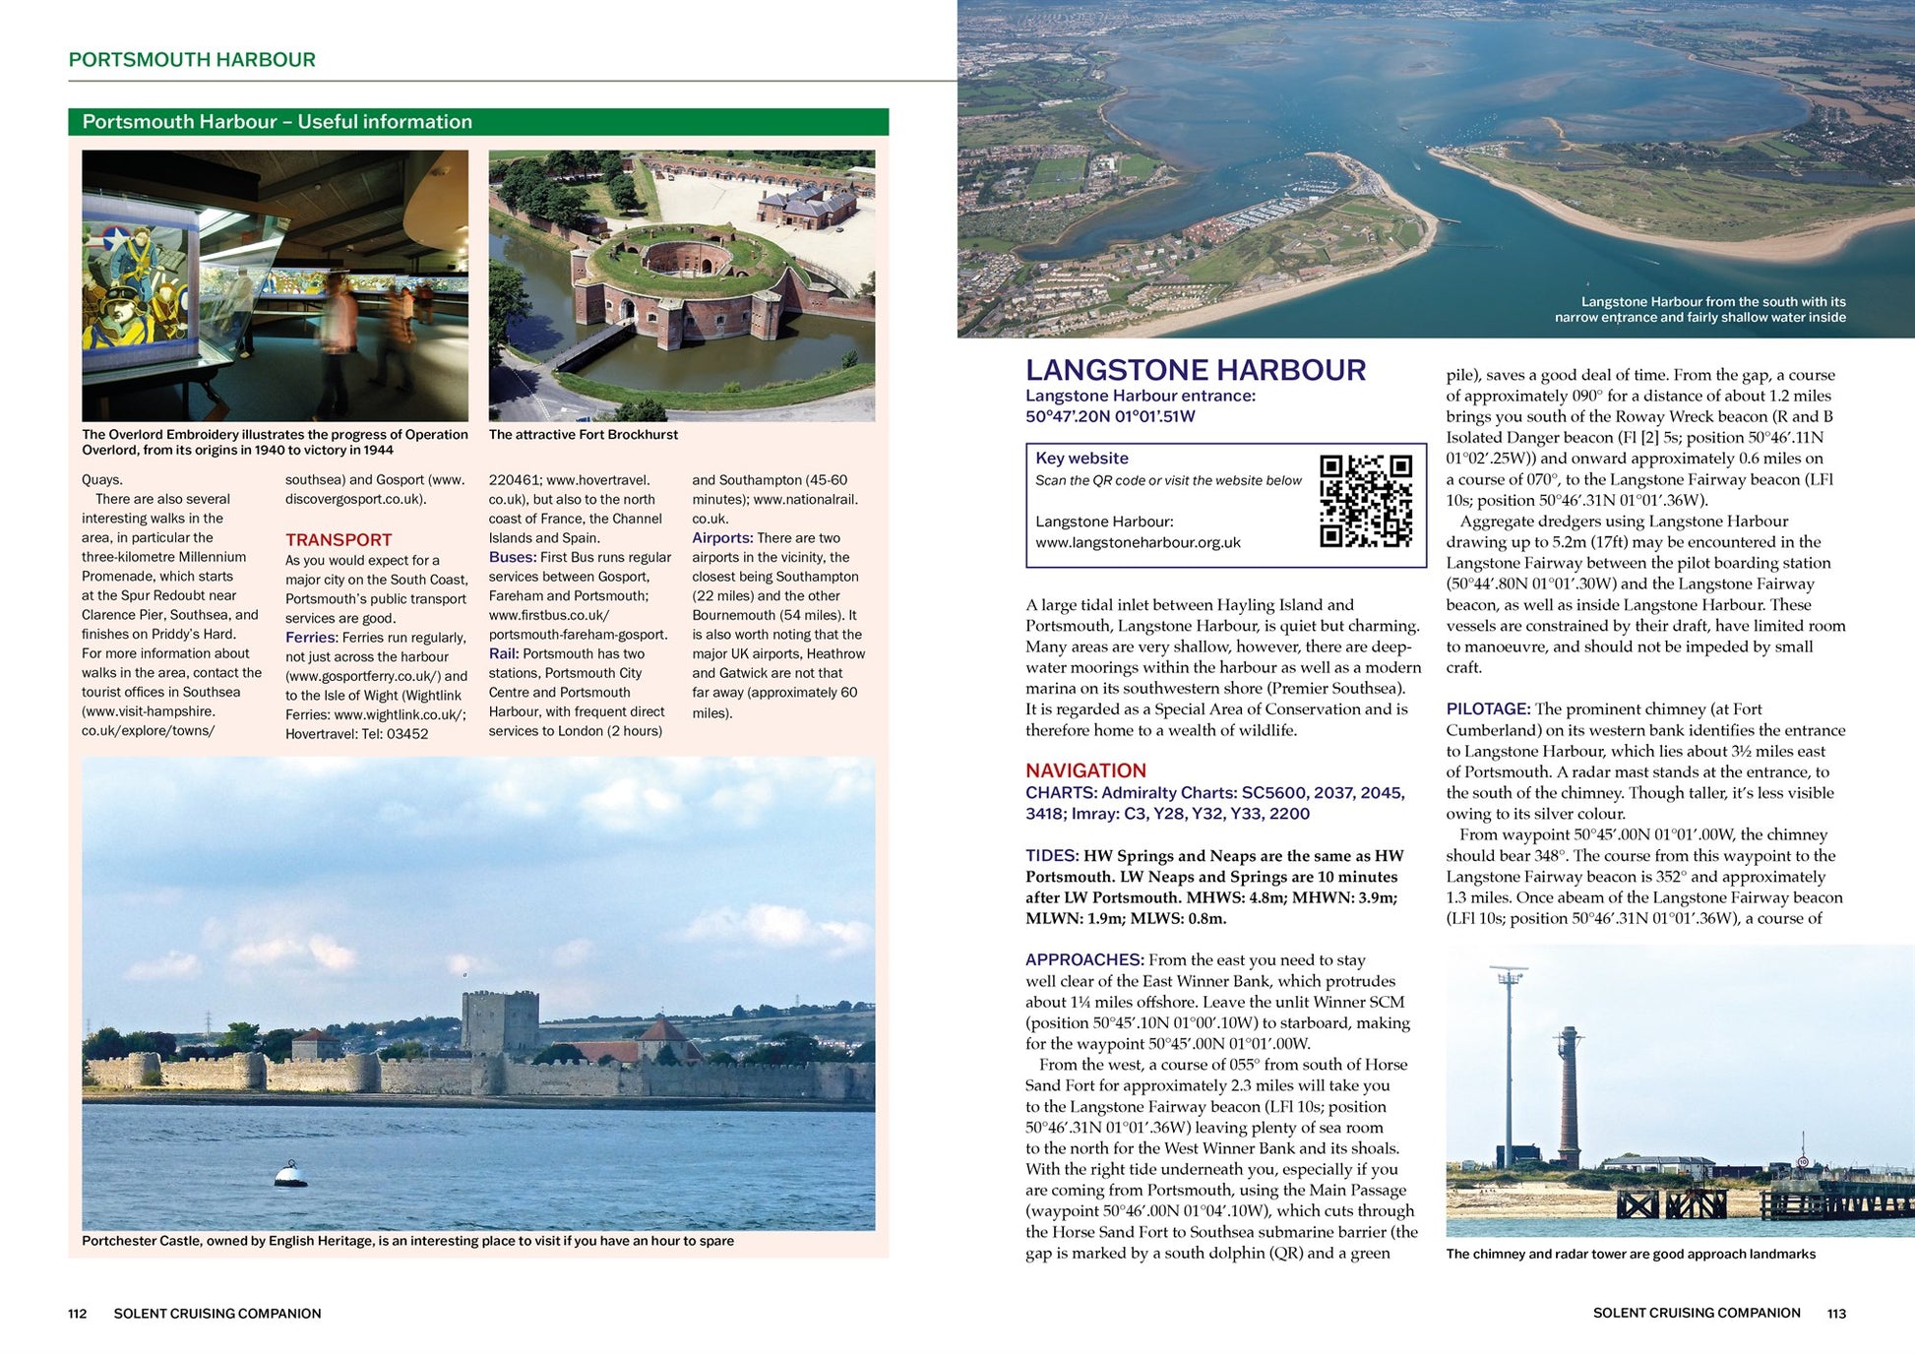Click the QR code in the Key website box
pos(1365,500)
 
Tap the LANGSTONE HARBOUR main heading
pos(1195,370)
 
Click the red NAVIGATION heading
pos(1085,770)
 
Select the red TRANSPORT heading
pos(339,539)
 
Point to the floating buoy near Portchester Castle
pos(289,1173)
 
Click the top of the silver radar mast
pos(1508,973)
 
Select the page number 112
pos(78,1314)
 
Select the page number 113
pos(1836,1314)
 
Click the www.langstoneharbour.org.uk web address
pos(1138,542)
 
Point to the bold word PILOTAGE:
pos(1488,708)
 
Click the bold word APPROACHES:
pos(1084,959)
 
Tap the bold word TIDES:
pos(1052,855)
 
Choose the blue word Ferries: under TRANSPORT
pos(312,638)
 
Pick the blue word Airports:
pos(722,537)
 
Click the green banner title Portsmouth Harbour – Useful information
pos(278,122)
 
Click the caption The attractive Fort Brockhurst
pos(583,435)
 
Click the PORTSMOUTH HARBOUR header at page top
pos(192,60)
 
